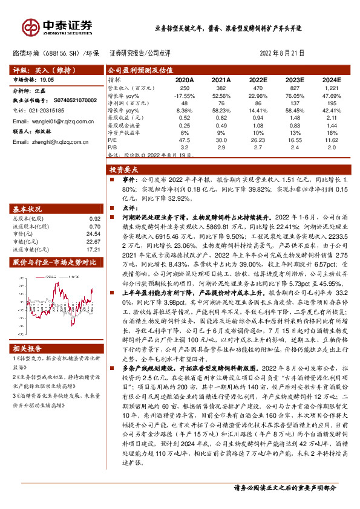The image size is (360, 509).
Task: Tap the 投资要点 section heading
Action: coord(124,170)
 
